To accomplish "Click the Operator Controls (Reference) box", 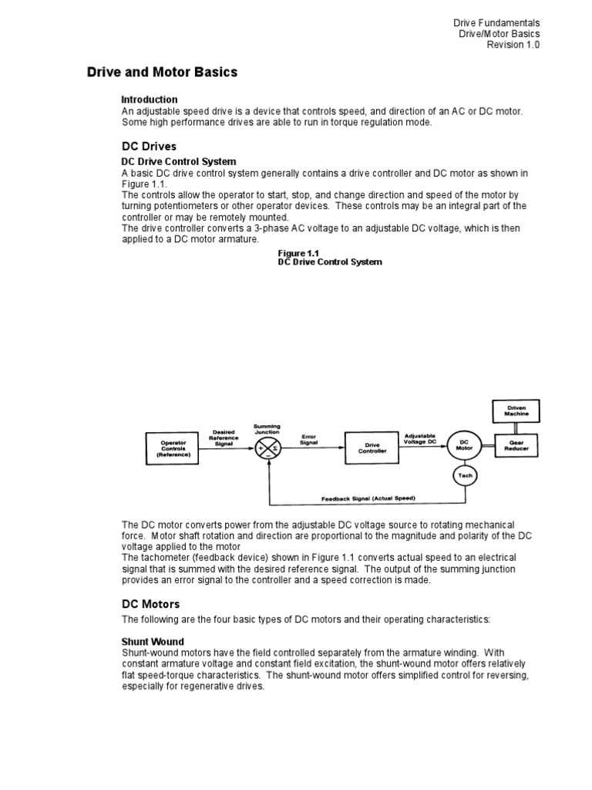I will pyautogui.click(x=173, y=448).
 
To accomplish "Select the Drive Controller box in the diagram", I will pyautogui.click(x=372, y=448).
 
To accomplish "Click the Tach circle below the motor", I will pyautogui.click(x=465, y=476).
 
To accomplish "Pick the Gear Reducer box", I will pyautogui.click(x=516, y=445).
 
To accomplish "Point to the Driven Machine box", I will pyautogui.click(x=516, y=410).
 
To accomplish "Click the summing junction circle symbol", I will pyautogui.click(x=268, y=448).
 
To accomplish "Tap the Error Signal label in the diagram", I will pyautogui.click(x=310, y=439).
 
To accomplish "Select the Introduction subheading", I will pyautogui.click(x=150, y=100).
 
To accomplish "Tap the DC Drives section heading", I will pyautogui.click(x=149, y=146).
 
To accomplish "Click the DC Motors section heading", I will pyautogui.click(x=151, y=604).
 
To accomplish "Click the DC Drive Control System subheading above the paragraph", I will pyautogui.click(x=179, y=162).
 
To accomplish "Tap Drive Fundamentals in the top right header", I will pyautogui.click(x=496, y=23).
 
